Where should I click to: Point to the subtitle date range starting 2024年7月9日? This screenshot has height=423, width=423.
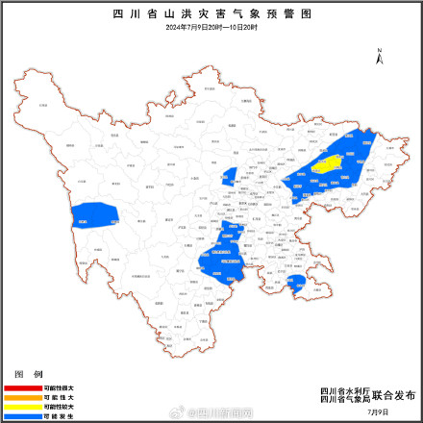point(211,28)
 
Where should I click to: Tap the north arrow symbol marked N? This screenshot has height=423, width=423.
point(381,57)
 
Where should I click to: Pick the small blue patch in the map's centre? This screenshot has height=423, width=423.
point(229,176)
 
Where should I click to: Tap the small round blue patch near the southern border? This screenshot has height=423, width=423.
point(297,281)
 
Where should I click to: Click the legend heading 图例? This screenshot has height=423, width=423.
point(28,373)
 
